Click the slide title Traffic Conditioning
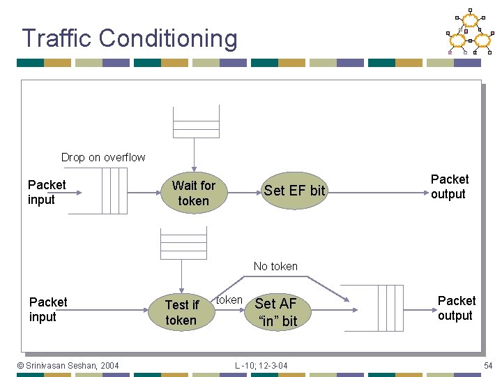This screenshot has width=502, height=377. [129, 38]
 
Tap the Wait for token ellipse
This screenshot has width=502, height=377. [193, 193]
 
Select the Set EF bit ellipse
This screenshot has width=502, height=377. [294, 191]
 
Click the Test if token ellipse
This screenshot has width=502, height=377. [181, 313]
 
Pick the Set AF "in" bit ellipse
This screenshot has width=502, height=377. [277, 312]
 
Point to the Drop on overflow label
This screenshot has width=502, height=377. [103, 157]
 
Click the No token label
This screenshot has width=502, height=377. [275, 266]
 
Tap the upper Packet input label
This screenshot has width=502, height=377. [47, 192]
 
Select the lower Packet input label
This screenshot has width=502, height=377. [48, 309]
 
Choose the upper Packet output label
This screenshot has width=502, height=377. [449, 186]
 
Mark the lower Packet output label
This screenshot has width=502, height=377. [456, 308]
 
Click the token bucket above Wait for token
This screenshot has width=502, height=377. [196, 123]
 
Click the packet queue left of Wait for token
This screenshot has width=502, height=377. [114, 191]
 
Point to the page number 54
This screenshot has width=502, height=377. [488, 366]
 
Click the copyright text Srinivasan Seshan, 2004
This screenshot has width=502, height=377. [68, 365]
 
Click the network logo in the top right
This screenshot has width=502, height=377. [470, 32]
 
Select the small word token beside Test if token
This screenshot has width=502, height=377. [229, 300]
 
